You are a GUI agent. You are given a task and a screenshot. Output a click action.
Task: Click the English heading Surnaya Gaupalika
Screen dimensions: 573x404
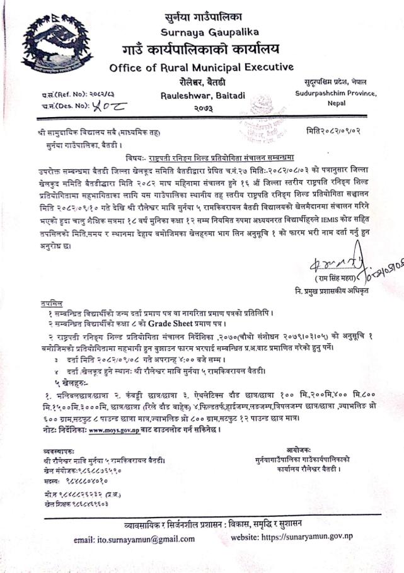pos(201,33)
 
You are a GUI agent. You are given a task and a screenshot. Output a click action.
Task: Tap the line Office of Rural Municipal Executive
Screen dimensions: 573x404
pos(201,67)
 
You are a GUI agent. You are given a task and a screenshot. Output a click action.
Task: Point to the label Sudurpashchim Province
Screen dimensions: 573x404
pos(335,93)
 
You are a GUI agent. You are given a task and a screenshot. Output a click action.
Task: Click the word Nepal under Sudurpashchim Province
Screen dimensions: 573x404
pos(335,105)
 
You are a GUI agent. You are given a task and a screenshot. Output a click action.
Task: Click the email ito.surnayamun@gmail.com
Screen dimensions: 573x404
pos(134,539)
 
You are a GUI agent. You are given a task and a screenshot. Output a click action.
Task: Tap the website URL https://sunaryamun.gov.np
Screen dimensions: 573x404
pos(296,538)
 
